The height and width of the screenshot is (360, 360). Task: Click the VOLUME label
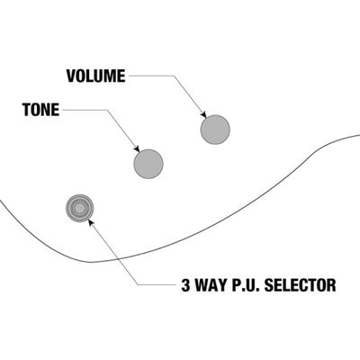[95, 76]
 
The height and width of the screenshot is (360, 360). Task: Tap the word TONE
[40, 110]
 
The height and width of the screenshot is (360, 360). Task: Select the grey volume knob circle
[215, 130]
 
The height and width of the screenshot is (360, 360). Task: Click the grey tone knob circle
[148, 164]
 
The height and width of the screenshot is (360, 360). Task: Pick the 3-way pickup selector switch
[79, 208]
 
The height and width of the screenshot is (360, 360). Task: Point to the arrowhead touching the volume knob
[203, 114]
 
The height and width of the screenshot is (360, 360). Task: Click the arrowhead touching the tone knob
[137, 148]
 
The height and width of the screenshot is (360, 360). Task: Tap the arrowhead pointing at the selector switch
[91, 222]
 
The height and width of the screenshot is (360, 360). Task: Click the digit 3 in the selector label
[186, 285]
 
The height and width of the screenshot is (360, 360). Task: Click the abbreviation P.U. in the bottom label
[246, 285]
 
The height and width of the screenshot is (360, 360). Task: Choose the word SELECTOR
[301, 285]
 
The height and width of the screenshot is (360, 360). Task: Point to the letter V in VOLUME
[71, 76]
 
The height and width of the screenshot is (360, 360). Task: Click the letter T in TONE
[27, 110]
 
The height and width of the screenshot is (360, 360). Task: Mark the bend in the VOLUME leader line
[174, 76]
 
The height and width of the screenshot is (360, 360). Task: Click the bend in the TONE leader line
[107, 110]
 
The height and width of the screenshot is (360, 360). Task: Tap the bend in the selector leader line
[138, 284]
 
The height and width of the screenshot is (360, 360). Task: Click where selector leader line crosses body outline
[119, 258]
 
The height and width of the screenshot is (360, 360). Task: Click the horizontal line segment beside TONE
[85, 110]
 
